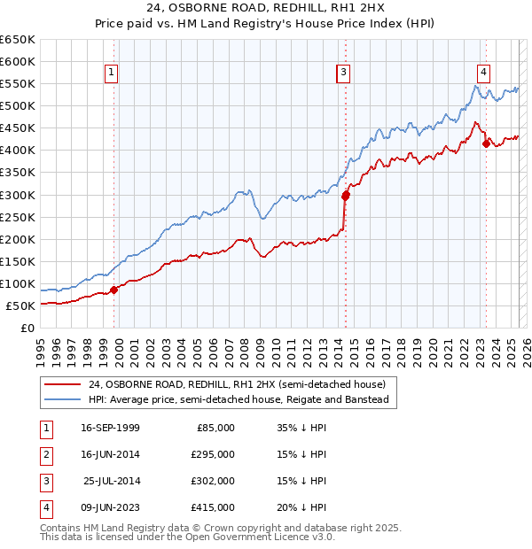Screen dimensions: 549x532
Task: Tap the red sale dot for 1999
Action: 114,290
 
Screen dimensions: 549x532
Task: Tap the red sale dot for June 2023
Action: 486,143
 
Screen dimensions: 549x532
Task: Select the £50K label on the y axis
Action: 21,305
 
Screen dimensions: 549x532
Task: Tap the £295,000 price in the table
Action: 214,454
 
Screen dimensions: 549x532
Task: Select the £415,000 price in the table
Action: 214,507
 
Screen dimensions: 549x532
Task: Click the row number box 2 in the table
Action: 44,454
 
